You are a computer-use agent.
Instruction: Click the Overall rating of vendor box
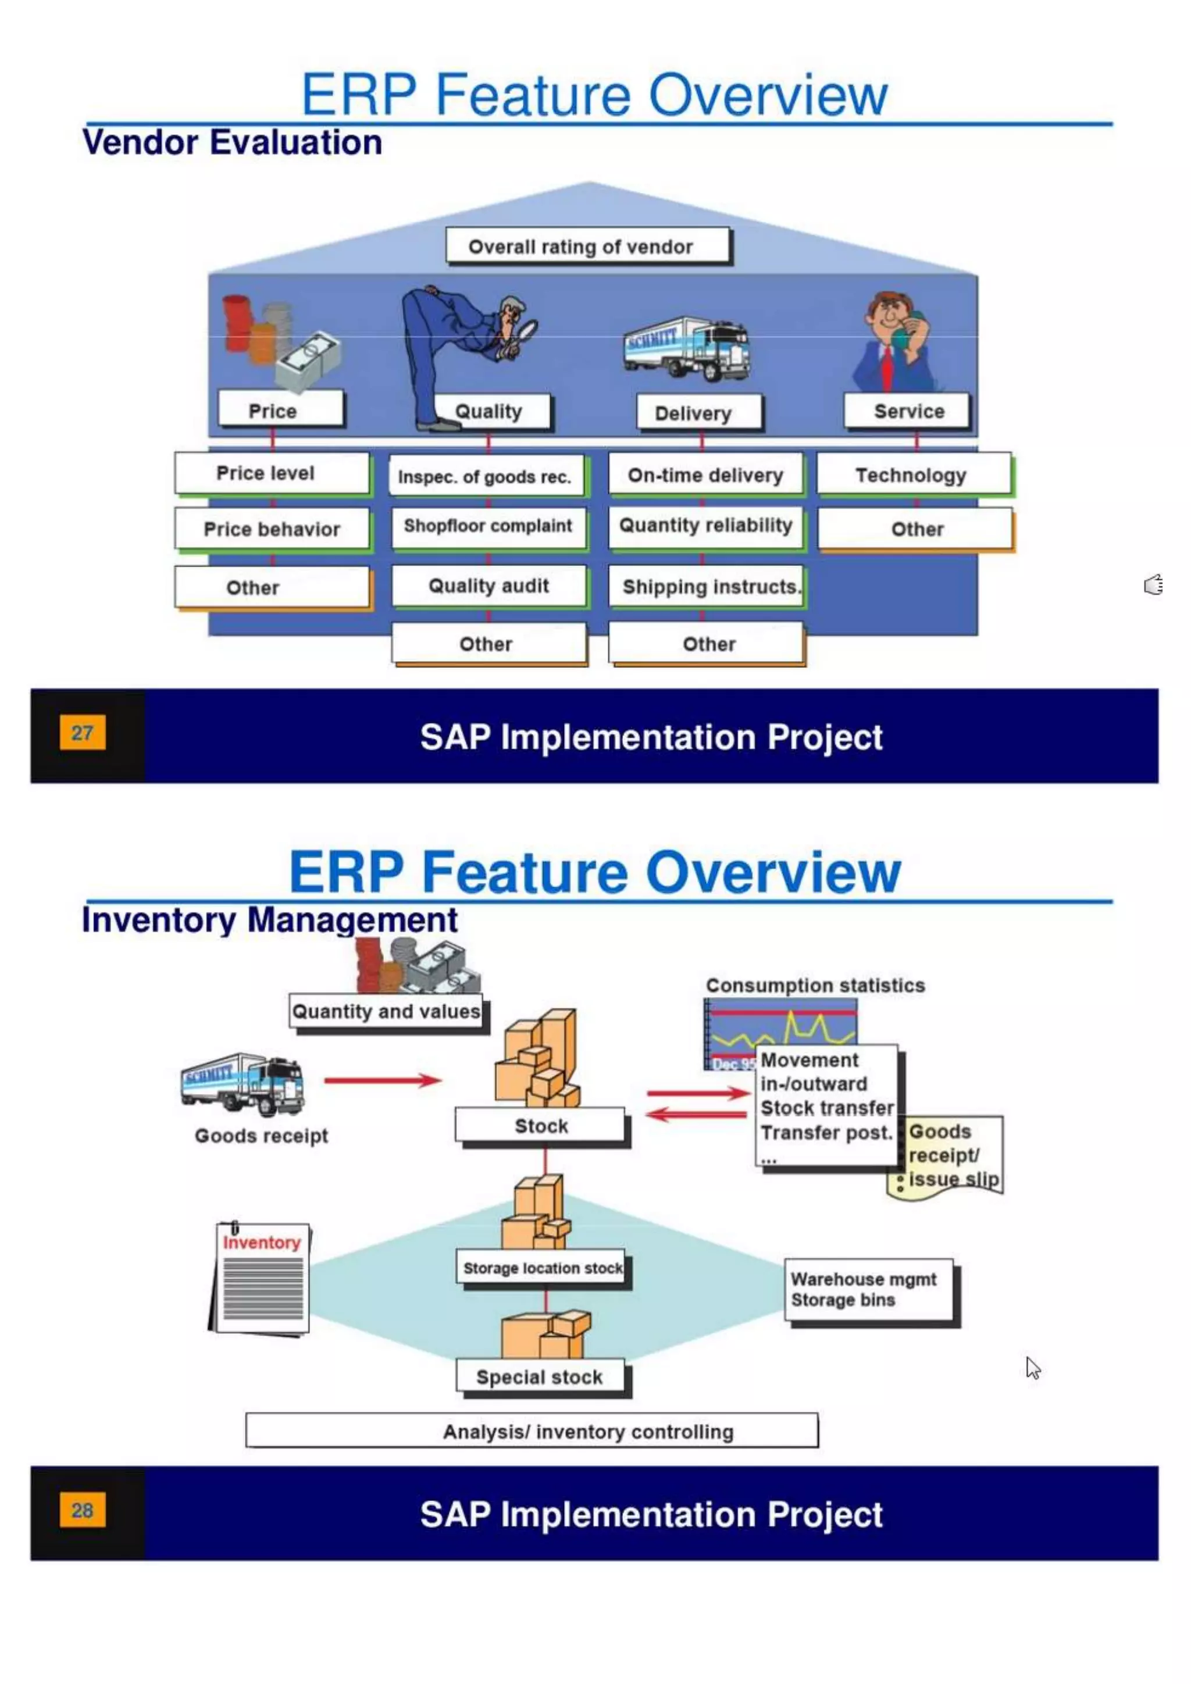tap(588, 247)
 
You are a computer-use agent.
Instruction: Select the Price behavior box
tap(272, 529)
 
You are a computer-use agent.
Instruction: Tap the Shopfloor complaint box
tap(488, 527)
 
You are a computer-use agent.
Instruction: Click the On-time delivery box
tap(705, 475)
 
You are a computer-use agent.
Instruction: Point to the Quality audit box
tap(488, 586)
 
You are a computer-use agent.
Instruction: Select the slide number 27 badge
tap(82, 732)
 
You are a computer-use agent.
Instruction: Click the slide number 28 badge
tap(82, 1510)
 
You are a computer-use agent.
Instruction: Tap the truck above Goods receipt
tap(244, 1084)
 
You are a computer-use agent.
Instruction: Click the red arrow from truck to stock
tap(383, 1080)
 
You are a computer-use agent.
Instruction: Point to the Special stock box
tap(540, 1377)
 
